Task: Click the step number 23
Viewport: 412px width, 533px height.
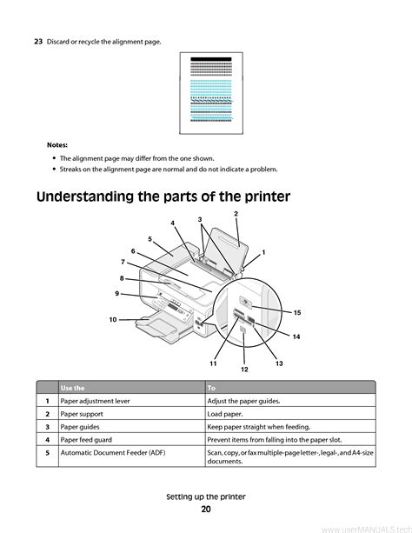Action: pos(38,42)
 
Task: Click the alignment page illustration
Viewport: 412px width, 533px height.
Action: pos(211,93)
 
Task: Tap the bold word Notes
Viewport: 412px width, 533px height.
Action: pos(57,145)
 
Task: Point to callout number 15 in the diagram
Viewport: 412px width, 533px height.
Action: pos(297,313)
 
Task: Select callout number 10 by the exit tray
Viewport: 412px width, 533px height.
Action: pos(113,319)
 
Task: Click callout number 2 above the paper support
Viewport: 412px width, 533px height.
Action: pos(236,214)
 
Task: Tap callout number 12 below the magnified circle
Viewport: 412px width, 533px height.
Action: pos(244,370)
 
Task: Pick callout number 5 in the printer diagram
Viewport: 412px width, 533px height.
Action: pos(150,239)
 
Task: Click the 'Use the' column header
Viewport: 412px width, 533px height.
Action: pos(72,388)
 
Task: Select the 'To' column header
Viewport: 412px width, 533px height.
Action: pos(211,388)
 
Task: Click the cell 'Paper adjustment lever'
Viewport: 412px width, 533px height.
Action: pos(96,401)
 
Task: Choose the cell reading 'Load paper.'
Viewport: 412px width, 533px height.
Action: pos(225,414)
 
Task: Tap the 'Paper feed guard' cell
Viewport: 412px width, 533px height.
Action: pos(86,440)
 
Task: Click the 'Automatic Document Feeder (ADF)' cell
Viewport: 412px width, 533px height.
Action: pos(113,453)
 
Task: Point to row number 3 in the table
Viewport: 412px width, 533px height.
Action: pos(47,427)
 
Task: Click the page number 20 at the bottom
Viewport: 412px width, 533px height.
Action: pos(206,510)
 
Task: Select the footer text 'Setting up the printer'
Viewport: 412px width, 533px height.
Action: pos(206,496)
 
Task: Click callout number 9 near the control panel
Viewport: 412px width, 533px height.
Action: pos(117,293)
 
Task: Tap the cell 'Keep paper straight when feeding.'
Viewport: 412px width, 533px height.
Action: pos(259,427)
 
